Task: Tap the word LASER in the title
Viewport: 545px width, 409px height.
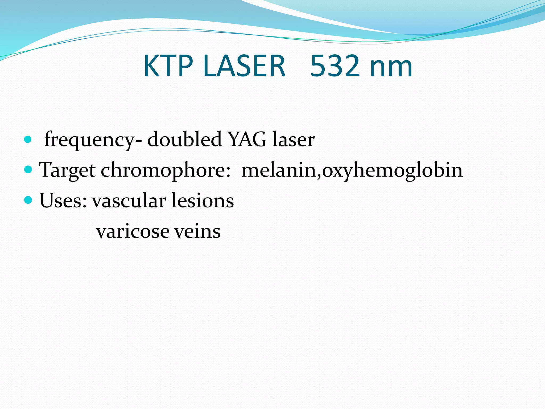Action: tap(244, 66)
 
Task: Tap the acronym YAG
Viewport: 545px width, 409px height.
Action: tap(247, 139)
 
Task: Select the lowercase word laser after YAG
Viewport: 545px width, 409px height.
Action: tap(294, 140)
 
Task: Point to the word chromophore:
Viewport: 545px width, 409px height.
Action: tap(165, 170)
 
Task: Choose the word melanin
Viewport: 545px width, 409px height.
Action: tap(279, 170)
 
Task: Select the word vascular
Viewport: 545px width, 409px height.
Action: tap(129, 200)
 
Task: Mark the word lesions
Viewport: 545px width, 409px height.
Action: tap(203, 200)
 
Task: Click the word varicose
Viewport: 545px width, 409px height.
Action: tap(133, 231)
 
